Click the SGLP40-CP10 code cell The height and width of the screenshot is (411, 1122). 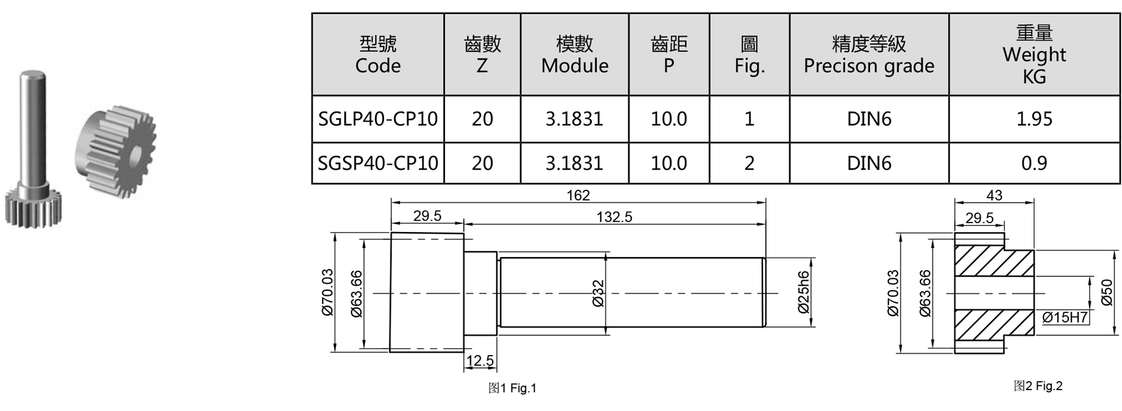pyautogui.click(x=378, y=119)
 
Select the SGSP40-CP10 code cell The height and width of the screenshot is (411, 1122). pyautogui.click(x=378, y=163)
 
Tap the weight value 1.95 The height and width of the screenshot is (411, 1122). pyautogui.click(x=1034, y=119)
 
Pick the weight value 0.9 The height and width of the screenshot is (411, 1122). pyautogui.click(x=1034, y=163)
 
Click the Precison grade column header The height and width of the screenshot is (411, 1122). pyautogui.click(x=869, y=54)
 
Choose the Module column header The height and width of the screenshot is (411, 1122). pyautogui.click(x=575, y=54)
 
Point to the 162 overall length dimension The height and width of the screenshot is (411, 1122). pyautogui.click(x=578, y=195)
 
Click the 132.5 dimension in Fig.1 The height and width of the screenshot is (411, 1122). pyautogui.click(x=614, y=217)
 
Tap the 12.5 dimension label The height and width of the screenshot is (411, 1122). pyautogui.click(x=480, y=360)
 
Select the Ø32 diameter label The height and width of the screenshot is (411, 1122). pyautogui.click(x=598, y=293)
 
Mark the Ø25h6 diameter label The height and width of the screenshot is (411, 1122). pyautogui.click(x=803, y=292)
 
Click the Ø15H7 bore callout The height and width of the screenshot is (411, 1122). pyautogui.click(x=1065, y=318)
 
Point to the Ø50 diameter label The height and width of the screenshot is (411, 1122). pyautogui.click(x=1107, y=292)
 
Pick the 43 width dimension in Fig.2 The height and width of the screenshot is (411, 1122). pyautogui.click(x=994, y=195)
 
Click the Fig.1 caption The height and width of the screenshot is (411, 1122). pyautogui.click(x=512, y=388)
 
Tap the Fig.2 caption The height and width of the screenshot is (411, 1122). pyautogui.click(x=1038, y=386)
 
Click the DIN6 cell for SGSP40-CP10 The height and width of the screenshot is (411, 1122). pyautogui.click(x=869, y=163)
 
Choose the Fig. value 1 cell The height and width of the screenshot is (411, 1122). pyautogui.click(x=749, y=119)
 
